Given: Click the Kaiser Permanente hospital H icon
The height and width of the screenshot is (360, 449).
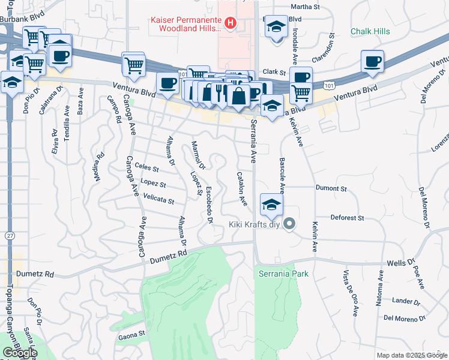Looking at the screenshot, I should pos(229,23).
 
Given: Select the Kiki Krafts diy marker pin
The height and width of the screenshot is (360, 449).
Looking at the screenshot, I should pos(289,225).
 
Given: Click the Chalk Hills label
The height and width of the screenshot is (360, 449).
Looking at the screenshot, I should pos(371,31).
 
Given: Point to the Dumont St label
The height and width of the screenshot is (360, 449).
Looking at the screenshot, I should pos(331,188).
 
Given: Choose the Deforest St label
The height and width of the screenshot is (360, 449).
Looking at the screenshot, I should pos(347,218).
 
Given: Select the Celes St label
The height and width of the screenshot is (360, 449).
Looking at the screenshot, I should pos(146,168).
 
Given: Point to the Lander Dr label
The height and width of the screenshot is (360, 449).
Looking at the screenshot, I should pos(406,301).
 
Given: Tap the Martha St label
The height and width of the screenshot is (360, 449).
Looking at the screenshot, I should pos(303,7).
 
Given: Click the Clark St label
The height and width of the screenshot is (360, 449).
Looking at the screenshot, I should pos(274,71).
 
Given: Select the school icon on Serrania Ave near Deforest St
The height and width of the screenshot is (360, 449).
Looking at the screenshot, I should pos(271,205).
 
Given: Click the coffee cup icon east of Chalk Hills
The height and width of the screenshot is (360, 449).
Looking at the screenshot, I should pos(372,61).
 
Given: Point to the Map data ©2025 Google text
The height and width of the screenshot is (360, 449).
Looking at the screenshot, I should pos(412,355).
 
